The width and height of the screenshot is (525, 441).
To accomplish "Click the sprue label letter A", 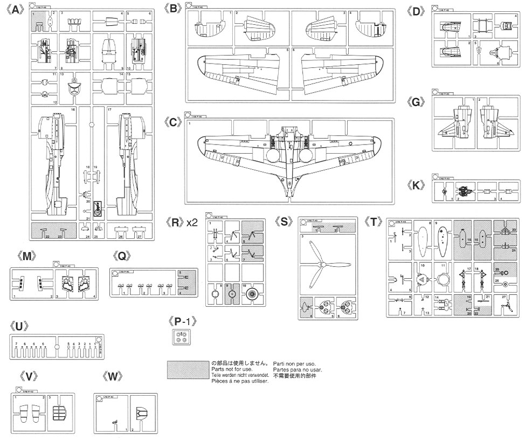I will pos(16,10).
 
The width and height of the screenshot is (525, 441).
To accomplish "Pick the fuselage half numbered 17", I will pos(129,162).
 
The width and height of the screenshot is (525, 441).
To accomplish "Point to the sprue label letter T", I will pos(376,222).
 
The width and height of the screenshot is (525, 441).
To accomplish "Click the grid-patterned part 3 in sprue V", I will pos(60,414).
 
